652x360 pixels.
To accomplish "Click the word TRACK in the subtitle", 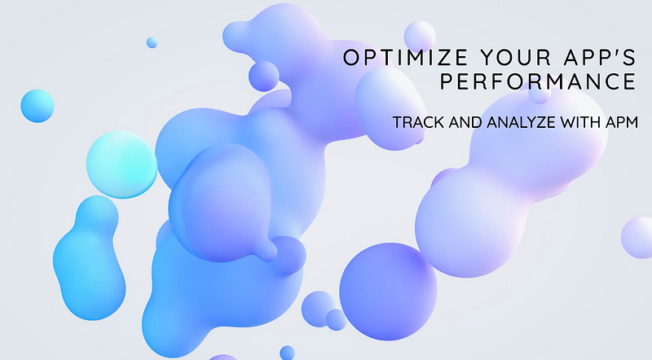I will [x=414, y=122].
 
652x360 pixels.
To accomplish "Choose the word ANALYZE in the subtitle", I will [x=513, y=122].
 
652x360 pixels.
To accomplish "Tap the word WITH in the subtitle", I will [x=572, y=122].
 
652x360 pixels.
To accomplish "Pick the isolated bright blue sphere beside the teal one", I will [x=37, y=106].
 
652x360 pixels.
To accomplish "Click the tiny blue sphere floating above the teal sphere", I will [x=152, y=42].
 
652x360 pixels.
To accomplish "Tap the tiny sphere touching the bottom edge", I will [x=287, y=353].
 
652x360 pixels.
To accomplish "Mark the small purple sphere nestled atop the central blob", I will [x=264, y=76].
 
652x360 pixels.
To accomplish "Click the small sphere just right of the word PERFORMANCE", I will [x=540, y=94].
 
